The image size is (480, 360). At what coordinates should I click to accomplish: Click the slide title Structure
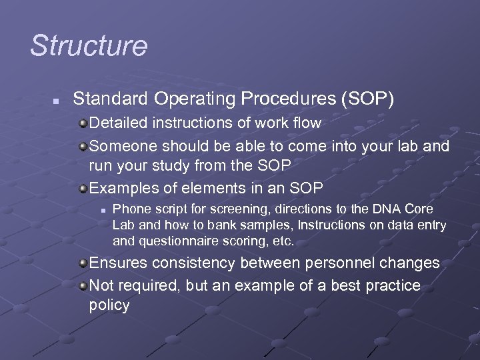[89, 46]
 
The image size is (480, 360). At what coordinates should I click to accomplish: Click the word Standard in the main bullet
[110, 99]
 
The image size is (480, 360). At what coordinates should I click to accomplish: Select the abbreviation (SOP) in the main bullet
[368, 99]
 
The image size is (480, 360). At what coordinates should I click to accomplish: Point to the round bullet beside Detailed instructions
[83, 123]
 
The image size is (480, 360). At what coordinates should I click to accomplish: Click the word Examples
[121, 188]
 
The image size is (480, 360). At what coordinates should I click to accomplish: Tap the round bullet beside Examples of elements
[83, 188]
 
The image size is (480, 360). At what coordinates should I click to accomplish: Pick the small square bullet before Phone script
[104, 209]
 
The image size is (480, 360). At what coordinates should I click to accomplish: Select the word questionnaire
[173, 241]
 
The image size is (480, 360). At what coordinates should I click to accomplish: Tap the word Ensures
[117, 263]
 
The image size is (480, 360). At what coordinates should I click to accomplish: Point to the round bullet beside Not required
[83, 285]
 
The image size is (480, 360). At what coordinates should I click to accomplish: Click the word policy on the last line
[109, 305]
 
